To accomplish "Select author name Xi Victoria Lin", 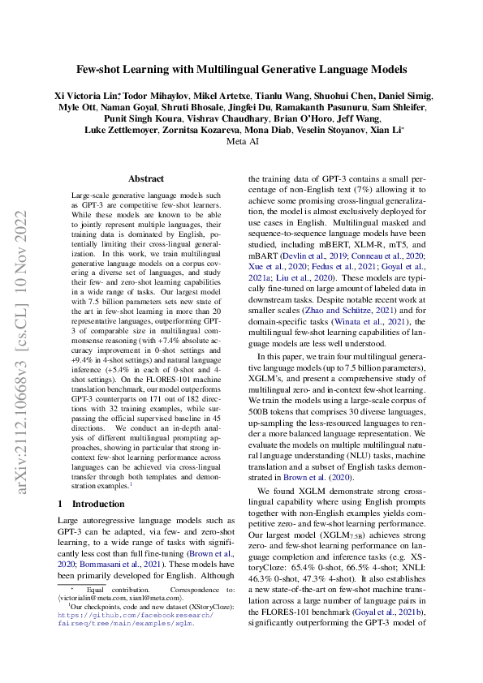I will pos(87,95).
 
